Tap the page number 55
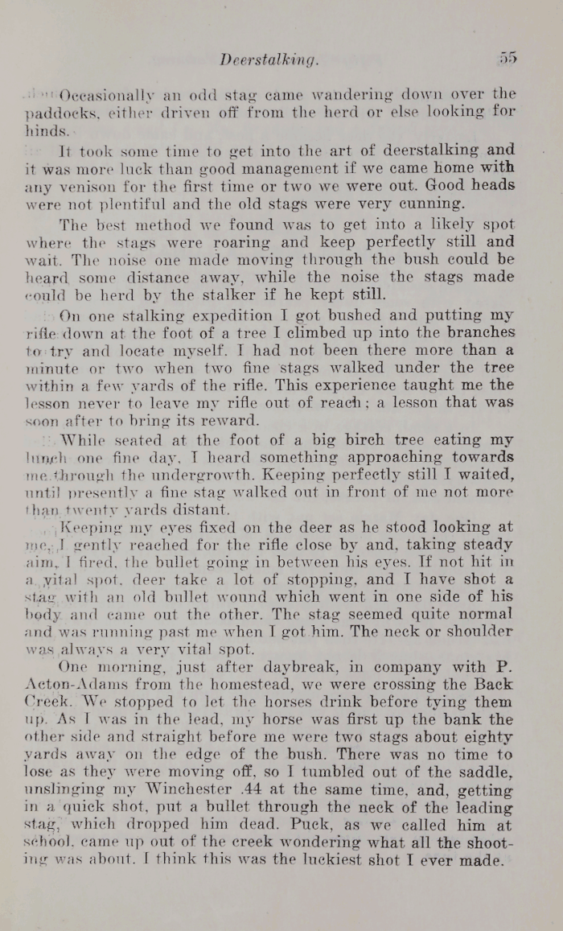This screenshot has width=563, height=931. (506, 58)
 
